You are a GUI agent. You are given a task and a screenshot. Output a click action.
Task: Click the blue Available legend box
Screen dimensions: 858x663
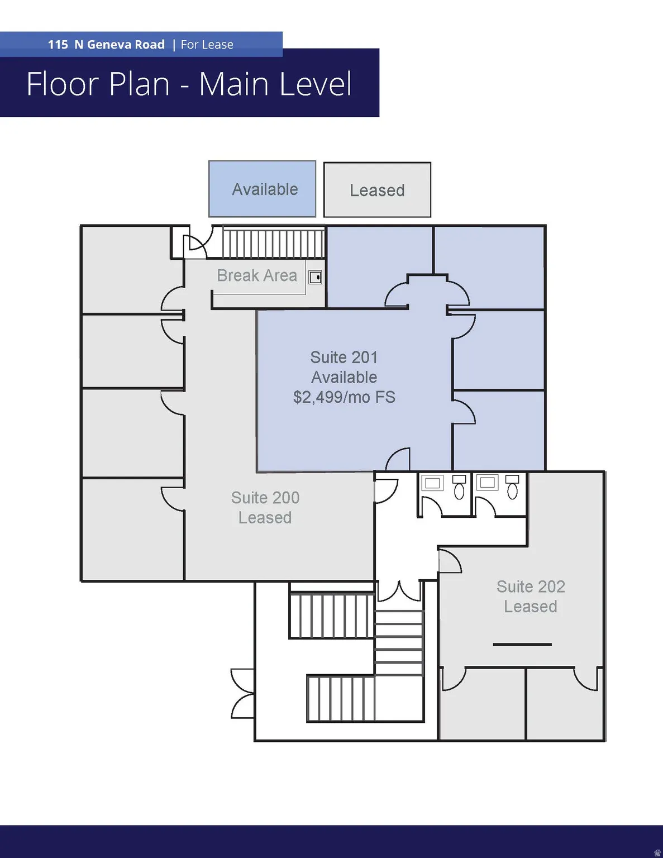pos(262,189)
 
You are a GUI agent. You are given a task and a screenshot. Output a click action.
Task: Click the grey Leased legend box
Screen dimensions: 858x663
pos(377,190)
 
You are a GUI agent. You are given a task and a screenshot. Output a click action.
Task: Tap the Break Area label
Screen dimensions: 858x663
pos(257,275)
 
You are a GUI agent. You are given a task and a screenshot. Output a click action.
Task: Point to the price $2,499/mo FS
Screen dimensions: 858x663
pos(344,397)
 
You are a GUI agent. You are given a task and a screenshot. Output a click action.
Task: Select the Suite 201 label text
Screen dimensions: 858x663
pos(344,357)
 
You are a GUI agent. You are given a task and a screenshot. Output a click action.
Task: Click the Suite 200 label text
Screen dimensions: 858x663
pos(265,498)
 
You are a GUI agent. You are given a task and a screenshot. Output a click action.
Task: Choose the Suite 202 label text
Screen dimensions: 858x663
pos(531,587)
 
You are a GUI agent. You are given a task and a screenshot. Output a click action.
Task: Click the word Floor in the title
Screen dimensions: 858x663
pos(63,84)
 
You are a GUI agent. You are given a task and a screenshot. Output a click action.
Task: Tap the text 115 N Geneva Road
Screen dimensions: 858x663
pos(106,45)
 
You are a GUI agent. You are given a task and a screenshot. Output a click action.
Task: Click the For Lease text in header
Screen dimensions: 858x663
pos(207,45)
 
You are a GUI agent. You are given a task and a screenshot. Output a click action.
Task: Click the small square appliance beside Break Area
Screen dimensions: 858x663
pos(316,277)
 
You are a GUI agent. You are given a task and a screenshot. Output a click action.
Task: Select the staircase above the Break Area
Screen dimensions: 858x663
pos(273,242)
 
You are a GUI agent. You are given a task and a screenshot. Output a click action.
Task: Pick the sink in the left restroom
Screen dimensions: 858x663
pos(432,483)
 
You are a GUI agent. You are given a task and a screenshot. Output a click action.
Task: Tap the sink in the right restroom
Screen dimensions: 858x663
pos(487,482)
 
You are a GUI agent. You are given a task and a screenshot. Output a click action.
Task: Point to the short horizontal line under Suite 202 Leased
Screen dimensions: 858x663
pos(522,644)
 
